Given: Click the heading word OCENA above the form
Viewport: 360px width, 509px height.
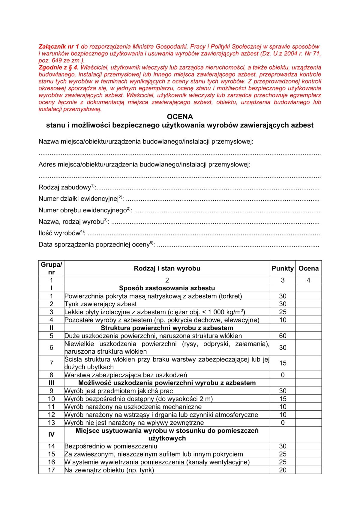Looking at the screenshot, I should (x=180, y=117).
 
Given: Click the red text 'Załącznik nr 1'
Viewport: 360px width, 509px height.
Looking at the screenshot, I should (x=59, y=46).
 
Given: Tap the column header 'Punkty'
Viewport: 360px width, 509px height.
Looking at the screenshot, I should (x=282, y=268).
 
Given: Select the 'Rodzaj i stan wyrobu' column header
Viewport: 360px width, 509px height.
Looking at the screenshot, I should (x=167, y=268).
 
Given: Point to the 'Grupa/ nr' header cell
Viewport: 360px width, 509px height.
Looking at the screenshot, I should (x=51, y=268).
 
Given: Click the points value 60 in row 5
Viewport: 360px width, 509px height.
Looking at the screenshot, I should (x=283, y=336).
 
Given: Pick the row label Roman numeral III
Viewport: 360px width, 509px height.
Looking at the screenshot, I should (x=51, y=383).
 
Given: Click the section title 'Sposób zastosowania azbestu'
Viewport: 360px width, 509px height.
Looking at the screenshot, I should (x=167, y=288).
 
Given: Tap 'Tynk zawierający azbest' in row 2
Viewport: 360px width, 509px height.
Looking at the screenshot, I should (x=100, y=304).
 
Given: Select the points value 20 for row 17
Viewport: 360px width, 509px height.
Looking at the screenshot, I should (x=283, y=470).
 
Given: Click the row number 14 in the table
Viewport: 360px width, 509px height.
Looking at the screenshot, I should (x=51, y=446).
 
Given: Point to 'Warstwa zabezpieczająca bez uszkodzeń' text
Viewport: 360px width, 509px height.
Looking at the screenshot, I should (x=126, y=375).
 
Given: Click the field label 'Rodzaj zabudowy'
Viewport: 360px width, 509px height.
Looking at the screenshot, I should (x=65, y=187).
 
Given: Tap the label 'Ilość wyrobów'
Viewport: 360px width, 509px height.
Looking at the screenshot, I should (x=59, y=233).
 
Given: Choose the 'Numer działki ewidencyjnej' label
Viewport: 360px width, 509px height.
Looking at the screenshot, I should (x=79, y=199).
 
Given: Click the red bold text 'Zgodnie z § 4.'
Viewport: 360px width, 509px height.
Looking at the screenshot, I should (x=58, y=67).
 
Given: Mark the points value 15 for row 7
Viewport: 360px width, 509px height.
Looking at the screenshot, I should (x=283, y=363).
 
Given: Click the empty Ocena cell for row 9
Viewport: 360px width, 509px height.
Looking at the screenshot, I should (x=308, y=391).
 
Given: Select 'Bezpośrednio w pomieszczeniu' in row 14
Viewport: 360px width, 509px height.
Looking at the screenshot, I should (x=111, y=446).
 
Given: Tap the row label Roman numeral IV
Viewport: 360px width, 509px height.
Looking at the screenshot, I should (x=51, y=435).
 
